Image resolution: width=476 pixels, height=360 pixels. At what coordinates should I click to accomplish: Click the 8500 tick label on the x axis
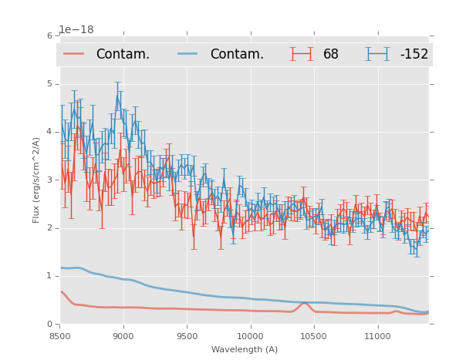click(x=60, y=336)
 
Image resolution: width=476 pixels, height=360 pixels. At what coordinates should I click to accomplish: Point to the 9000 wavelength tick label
click(x=123, y=336)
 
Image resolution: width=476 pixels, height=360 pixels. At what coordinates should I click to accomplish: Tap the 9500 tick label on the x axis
click(x=187, y=336)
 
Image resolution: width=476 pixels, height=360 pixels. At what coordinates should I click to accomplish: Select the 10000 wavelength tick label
click(x=251, y=336)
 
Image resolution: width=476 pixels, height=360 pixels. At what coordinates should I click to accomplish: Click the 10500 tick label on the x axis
click(x=314, y=336)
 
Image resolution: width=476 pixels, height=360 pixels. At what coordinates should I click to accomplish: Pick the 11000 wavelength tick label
click(x=377, y=336)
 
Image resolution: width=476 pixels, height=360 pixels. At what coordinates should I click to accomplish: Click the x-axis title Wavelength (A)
click(x=245, y=350)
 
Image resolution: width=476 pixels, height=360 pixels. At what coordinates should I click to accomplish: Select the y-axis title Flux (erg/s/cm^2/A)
click(x=36, y=180)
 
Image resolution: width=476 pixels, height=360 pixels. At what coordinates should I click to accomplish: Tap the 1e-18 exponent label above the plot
click(x=76, y=30)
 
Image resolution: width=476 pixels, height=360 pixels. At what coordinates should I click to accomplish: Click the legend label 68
click(x=331, y=55)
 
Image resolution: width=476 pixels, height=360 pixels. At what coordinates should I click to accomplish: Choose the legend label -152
click(x=414, y=55)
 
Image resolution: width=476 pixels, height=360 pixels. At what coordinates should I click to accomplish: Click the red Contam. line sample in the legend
click(x=74, y=54)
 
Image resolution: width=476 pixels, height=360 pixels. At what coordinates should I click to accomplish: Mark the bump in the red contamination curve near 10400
click(x=304, y=303)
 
